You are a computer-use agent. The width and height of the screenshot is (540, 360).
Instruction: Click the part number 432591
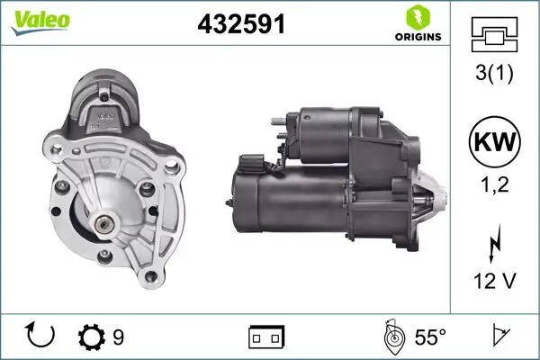[241, 24]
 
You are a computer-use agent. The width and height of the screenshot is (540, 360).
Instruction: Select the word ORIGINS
[417, 38]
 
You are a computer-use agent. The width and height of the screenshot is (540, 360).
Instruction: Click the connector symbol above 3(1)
[494, 36]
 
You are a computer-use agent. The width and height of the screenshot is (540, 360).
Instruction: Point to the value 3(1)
[494, 73]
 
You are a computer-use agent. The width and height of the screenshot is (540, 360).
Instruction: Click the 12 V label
[494, 282]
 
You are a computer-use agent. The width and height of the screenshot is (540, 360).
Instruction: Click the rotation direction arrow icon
[41, 336]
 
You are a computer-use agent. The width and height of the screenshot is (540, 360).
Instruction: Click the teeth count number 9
[118, 337]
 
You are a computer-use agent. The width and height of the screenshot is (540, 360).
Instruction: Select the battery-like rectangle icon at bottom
[266, 337]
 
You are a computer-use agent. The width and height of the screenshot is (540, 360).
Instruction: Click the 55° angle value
[430, 337]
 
